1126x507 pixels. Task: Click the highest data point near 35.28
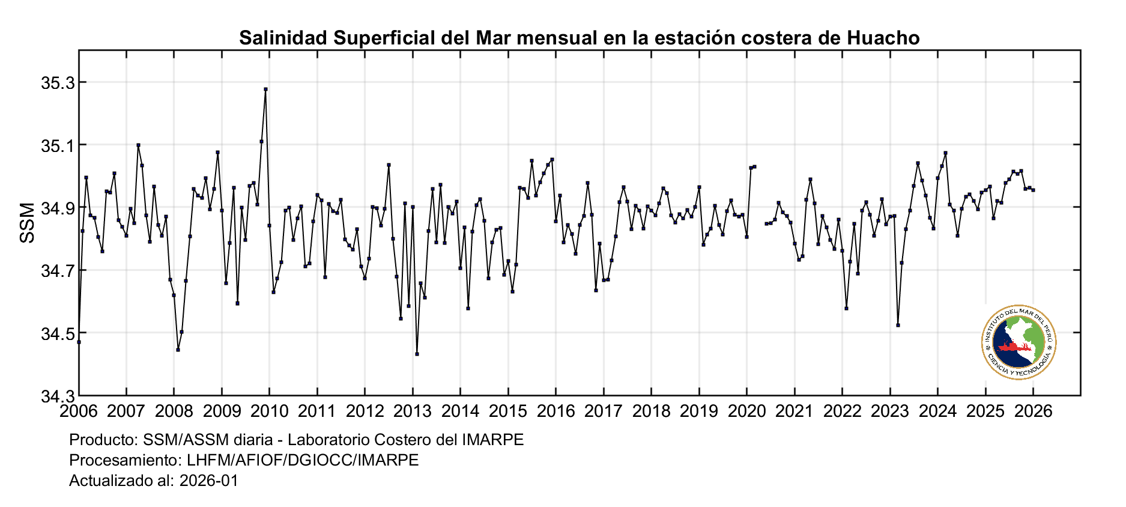[265, 90]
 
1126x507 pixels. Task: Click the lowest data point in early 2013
[417, 354]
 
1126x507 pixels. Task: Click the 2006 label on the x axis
[79, 411]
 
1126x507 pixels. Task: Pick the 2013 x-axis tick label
[413, 411]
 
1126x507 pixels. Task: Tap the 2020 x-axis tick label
[746, 411]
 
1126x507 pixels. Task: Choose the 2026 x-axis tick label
[1033, 411]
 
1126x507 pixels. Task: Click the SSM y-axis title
[28, 223]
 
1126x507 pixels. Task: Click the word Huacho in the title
[883, 38]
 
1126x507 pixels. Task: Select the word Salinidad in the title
[283, 38]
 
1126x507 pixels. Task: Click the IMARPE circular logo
[1019, 342]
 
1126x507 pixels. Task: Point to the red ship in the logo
[1012, 347]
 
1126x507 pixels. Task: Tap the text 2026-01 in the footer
[209, 481]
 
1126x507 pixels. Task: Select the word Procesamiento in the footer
[123, 460]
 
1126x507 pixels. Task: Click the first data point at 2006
[79, 342]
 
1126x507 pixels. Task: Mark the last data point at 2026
[1033, 190]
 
